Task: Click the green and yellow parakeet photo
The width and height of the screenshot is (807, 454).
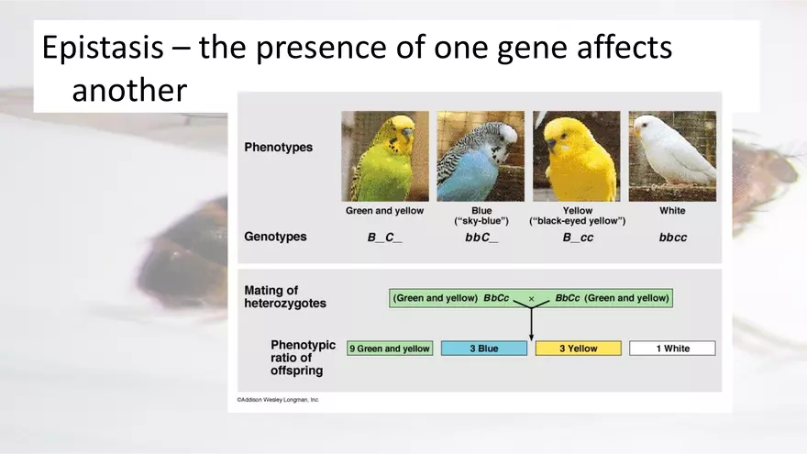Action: coord(385,156)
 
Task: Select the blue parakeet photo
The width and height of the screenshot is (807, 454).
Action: coord(481,156)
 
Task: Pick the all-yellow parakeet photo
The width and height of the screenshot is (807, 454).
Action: coord(577,156)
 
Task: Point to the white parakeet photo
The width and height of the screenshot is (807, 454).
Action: coord(672,156)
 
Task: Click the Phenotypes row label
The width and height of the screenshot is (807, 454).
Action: coord(278,148)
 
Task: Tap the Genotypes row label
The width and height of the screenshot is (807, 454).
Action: coord(275,237)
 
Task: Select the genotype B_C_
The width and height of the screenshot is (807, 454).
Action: coord(384,238)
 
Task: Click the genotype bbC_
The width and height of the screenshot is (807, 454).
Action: coord(481,238)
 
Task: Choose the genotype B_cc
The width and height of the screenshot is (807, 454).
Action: coord(578,238)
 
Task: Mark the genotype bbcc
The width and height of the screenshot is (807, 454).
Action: coord(672,238)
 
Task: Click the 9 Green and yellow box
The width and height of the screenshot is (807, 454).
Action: coord(389,349)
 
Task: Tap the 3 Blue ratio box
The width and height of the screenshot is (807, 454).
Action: coord(484,349)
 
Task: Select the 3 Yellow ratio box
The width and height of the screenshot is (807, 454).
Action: coord(578,349)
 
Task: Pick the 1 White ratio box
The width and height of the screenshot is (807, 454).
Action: coord(672,349)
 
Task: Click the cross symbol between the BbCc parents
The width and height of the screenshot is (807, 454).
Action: coord(531,299)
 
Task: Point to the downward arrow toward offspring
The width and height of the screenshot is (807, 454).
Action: coord(531,326)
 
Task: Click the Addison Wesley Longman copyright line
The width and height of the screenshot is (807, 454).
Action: coord(278,400)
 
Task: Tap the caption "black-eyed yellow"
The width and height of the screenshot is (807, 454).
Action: coord(578,222)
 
